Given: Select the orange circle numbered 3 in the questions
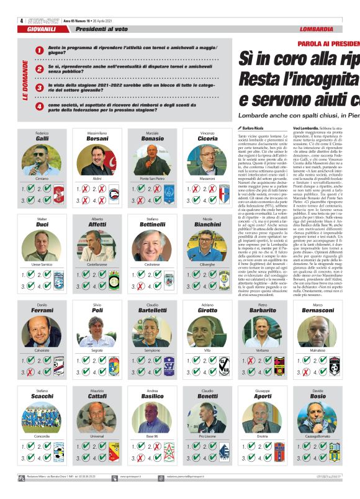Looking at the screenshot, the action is click(40, 88).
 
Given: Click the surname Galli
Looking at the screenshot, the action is click(42, 139).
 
